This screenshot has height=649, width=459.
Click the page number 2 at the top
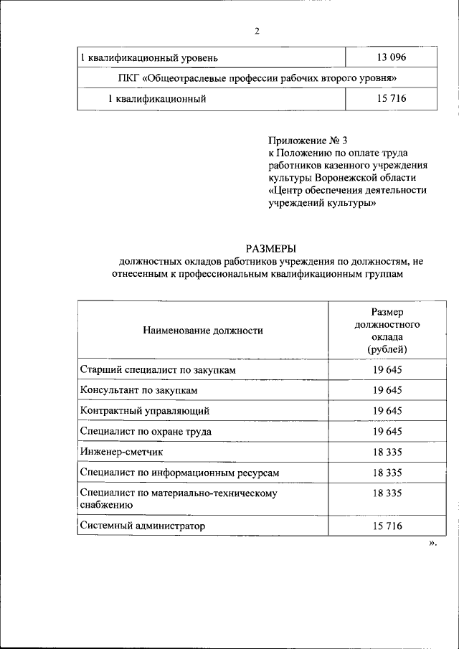coord(256,30)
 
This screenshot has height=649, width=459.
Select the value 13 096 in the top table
coord(391,57)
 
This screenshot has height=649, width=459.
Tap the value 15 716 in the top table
coord(391,98)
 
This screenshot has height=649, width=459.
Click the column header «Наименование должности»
coord(203,331)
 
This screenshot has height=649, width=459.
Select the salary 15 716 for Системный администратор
coord(387,526)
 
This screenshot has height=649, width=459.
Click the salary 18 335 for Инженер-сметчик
coord(387,453)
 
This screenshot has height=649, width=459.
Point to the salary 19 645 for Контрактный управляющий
coord(387,411)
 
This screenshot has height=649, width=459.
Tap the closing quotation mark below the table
coord(432,544)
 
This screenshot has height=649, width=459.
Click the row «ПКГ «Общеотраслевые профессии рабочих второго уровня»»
coord(257,77)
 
